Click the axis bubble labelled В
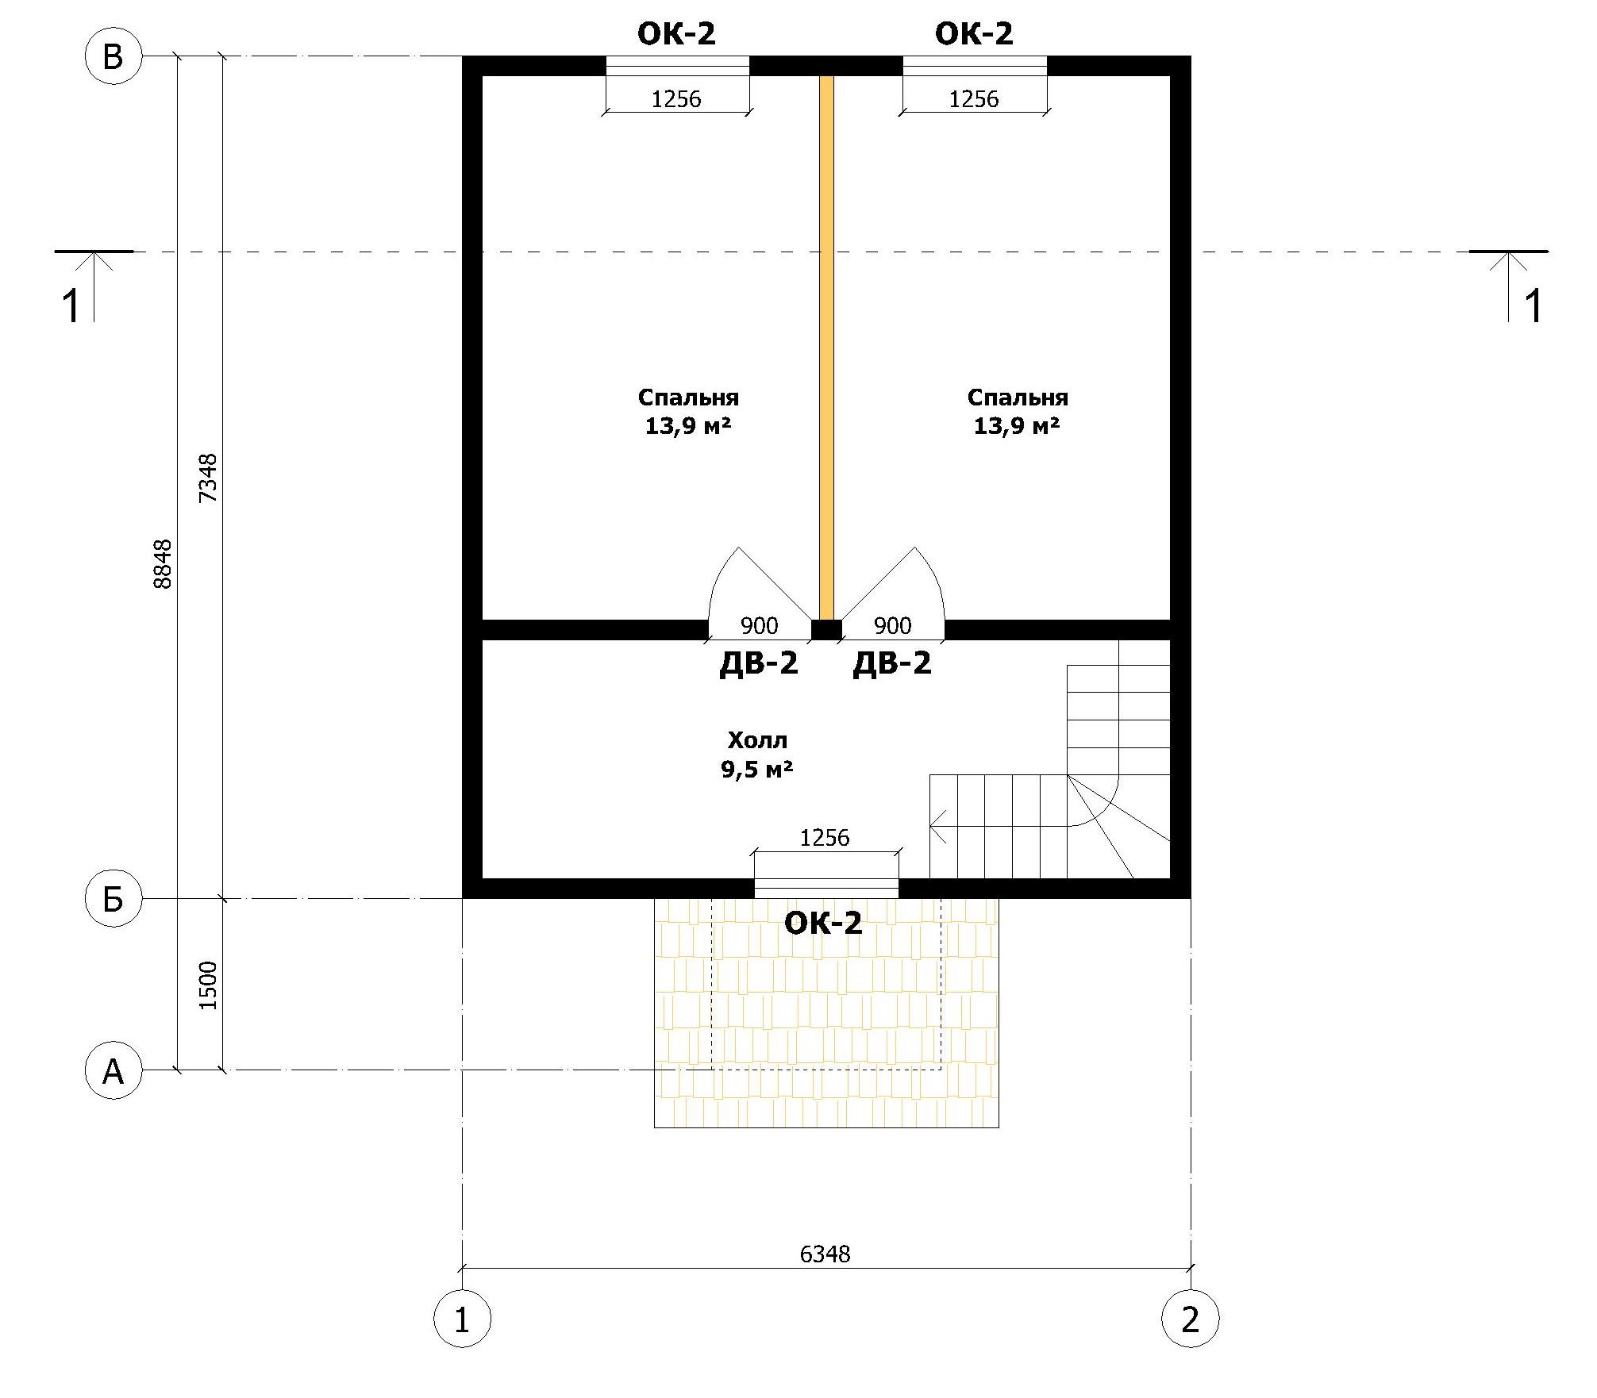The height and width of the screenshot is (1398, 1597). (x=113, y=57)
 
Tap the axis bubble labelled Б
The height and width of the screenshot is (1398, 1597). (x=113, y=899)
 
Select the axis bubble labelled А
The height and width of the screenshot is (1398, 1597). (x=113, y=1070)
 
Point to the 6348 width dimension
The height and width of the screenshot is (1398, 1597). (x=825, y=1254)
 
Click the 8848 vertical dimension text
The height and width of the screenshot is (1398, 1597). (x=163, y=563)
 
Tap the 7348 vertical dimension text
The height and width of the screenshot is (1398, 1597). (x=208, y=478)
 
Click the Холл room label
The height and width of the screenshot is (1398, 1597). (x=757, y=740)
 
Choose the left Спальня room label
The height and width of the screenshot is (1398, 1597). (x=688, y=398)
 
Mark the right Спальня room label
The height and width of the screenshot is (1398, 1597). (x=1018, y=398)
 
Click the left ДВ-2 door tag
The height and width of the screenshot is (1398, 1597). (x=758, y=663)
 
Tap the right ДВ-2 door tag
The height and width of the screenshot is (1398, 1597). (x=892, y=663)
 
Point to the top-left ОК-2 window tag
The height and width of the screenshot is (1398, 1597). (x=676, y=34)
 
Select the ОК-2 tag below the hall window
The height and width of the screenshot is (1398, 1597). (x=823, y=923)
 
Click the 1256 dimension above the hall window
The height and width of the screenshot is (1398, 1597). (x=825, y=838)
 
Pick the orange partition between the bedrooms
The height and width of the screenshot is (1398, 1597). (x=826, y=348)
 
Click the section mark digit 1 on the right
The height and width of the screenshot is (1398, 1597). (x=1534, y=306)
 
